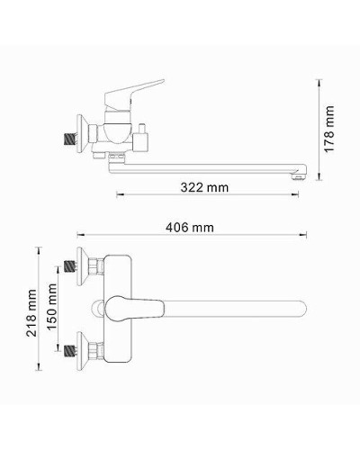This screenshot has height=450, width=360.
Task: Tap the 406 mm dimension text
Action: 190,228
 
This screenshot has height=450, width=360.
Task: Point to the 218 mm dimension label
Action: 32,308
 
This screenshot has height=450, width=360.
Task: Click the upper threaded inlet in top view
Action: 68,268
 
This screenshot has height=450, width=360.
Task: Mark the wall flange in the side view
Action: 84,130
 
